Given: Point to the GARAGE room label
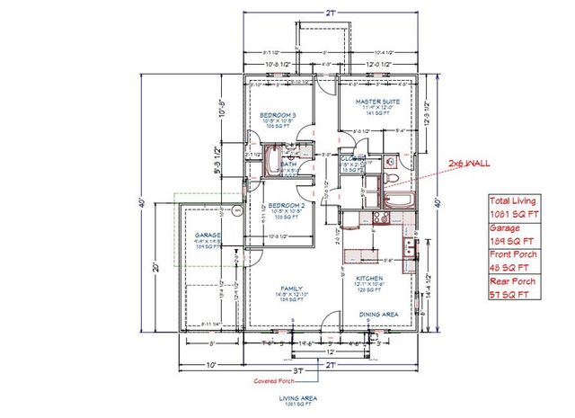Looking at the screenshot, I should point(208,236).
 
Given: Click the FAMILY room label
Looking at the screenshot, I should point(289,289).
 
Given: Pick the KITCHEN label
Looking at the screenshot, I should point(369,279).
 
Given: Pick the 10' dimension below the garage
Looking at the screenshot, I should point(210,364).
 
